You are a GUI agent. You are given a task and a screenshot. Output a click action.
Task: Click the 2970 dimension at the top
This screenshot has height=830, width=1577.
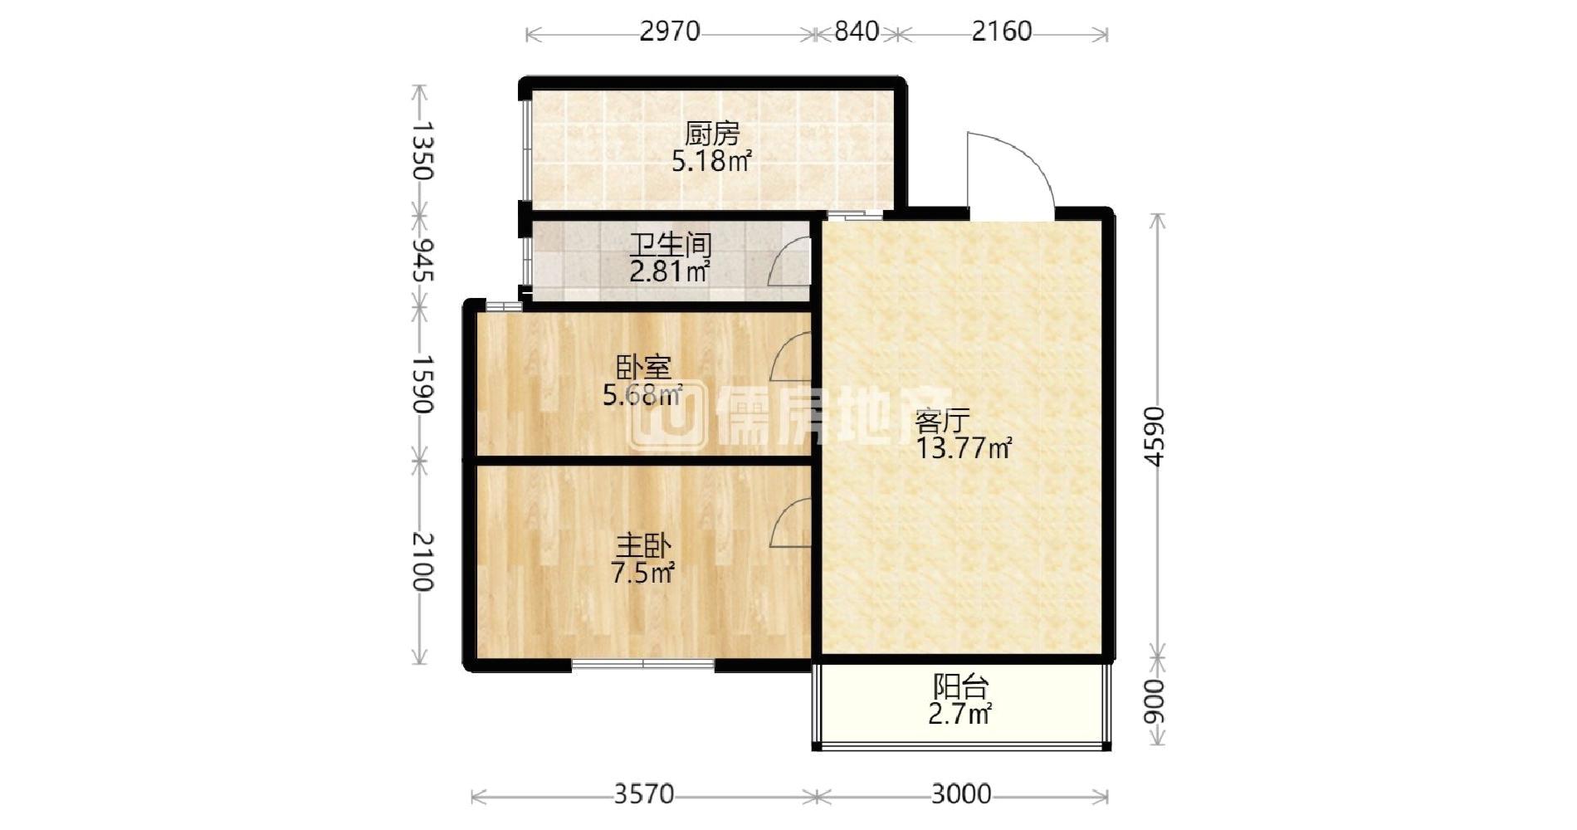pyautogui.click(x=670, y=32)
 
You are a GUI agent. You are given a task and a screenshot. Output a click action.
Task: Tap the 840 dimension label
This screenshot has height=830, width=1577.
pyautogui.click(x=857, y=32)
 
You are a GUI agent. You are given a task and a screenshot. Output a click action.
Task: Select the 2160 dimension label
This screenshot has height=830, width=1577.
pyautogui.click(x=1002, y=32)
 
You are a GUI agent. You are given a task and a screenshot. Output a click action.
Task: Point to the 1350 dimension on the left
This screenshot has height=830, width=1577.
pyautogui.click(x=422, y=150)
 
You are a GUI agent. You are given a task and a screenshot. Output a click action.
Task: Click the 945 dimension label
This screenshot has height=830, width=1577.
pyautogui.click(x=422, y=259)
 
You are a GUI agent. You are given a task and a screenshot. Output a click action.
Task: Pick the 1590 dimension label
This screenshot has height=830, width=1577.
pyautogui.click(x=422, y=384)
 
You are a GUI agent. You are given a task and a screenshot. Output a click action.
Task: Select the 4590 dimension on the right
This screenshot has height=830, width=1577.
pyautogui.click(x=1155, y=437)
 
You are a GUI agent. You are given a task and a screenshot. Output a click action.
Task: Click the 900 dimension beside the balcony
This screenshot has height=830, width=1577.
pyautogui.click(x=1155, y=701)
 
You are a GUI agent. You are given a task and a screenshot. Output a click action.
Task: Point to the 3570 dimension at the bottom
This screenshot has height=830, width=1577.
pyautogui.click(x=644, y=794)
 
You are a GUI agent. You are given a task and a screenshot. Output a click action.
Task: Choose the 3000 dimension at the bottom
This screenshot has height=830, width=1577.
pyautogui.click(x=961, y=794)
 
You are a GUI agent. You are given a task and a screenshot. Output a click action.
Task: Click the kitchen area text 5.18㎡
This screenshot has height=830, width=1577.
pyautogui.click(x=712, y=160)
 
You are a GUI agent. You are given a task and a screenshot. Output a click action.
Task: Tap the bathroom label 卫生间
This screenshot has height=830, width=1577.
pyautogui.click(x=671, y=244)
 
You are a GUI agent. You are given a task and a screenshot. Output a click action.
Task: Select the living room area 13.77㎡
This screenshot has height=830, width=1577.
pyautogui.click(x=964, y=448)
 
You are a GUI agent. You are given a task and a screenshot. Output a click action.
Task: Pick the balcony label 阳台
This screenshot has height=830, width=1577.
pyautogui.click(x=961, y=686)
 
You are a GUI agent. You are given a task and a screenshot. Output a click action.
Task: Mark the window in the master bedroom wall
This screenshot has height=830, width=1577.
pyautogui.click(x=643, y=664)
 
